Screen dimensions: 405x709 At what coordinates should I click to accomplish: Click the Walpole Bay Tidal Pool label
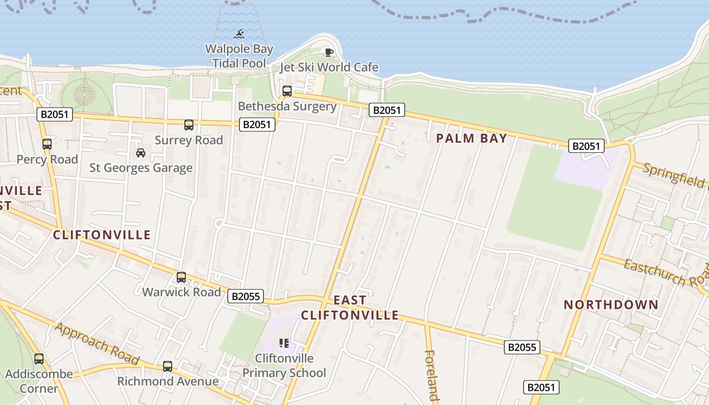click(x=239, y=56)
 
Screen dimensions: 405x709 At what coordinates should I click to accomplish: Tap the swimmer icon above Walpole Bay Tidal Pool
click(x=239, y=34)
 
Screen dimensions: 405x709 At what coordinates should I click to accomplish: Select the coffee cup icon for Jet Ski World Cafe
click(x=329, y=52)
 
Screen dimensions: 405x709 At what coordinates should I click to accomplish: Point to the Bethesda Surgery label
click(x=287, y=106)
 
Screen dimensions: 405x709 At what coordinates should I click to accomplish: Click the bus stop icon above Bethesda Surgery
click(x=287, y=91)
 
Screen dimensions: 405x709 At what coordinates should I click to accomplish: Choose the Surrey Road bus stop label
click(x=189, y=140)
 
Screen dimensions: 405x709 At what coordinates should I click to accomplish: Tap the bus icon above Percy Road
click(x=47, y=144)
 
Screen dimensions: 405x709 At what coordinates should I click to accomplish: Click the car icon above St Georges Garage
click(x=141, y=152)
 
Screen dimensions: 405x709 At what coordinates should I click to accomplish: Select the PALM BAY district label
click(x=472, y=138)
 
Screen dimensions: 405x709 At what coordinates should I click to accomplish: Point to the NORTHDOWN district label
click(x=611, y=305)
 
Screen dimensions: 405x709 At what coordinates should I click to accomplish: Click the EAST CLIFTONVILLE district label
click(x=350, y=308)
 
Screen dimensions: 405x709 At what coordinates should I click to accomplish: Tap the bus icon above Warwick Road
click(x=181, y=277)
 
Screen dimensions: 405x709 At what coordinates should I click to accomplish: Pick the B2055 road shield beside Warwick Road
click(x=246, y=296)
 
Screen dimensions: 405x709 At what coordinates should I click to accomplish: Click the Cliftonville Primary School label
click(x=284, y=366)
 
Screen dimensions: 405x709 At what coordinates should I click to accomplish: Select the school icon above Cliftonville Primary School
click(x=284, y=343)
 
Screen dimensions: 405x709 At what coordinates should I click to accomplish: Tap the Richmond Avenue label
click(x=168, y=381)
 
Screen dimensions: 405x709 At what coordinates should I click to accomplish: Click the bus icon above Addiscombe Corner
click(x=39, y=359)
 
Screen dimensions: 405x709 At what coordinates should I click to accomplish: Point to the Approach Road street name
click(x=96, y=344)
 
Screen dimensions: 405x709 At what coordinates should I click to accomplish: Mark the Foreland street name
click(x=431, y=375)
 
